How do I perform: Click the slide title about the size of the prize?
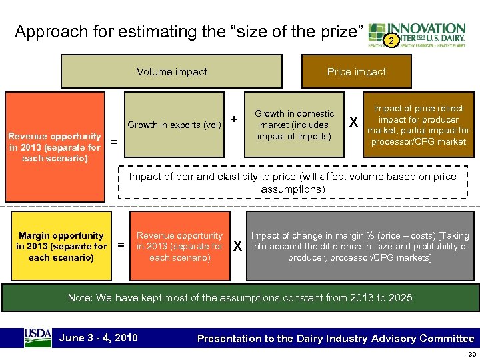pos(189,32)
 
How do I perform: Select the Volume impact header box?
pos(172,72)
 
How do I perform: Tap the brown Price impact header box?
pos(356,72)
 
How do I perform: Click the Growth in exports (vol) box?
pos(174,125)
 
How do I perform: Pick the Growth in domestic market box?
pos(294,125)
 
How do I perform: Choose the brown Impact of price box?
pos(419,125)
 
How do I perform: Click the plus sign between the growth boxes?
pos(234,119)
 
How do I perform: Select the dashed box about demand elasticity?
pos(293,182)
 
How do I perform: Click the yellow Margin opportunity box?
pos(61,246)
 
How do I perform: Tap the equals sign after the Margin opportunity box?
pos(121,245)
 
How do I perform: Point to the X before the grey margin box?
pos(237,246)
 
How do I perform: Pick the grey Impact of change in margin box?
pos(360,246)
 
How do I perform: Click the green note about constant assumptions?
pos(240,298)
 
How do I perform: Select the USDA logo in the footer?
pos(38,337)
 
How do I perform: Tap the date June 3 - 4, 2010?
pos(99,337)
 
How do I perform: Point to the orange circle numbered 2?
pos(393,41)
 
